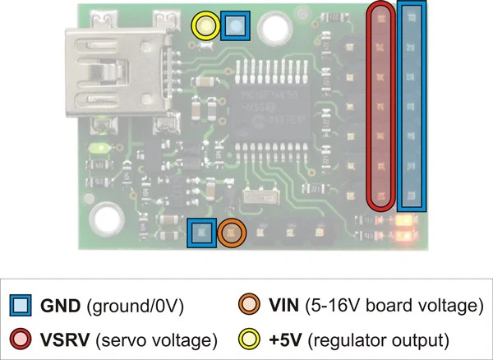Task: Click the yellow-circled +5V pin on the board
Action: coord(205,26)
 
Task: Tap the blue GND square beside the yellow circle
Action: coord(236,26)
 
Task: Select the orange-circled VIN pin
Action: coord(232,233)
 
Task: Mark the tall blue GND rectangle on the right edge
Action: coord(412,105)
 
